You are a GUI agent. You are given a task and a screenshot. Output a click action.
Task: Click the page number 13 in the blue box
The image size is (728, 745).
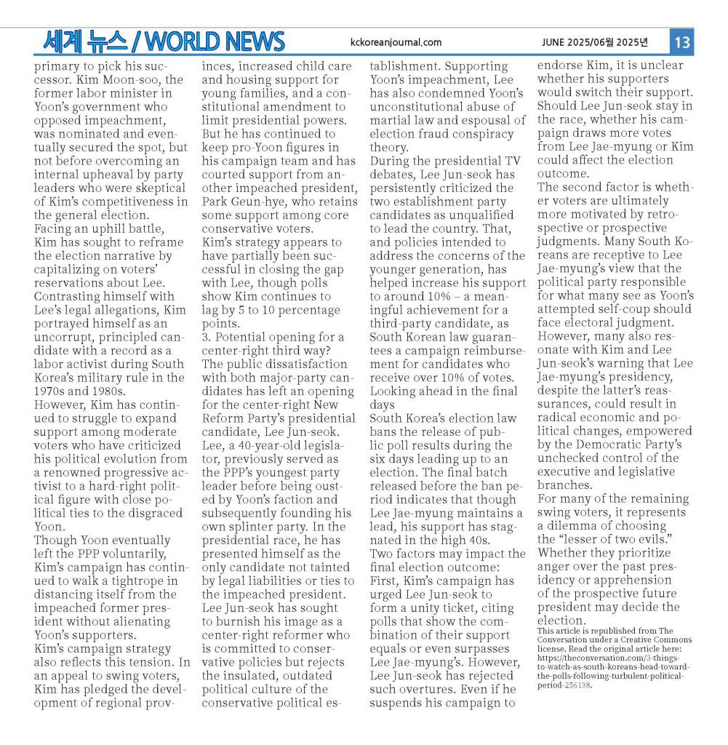pos(681,42)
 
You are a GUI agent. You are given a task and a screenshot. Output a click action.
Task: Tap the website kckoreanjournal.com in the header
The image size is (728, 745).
pos(396,42)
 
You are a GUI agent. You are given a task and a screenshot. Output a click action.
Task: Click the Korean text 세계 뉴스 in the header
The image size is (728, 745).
pos(84,41)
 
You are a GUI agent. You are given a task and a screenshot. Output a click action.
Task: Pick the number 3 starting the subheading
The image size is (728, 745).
pos(206,337)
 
